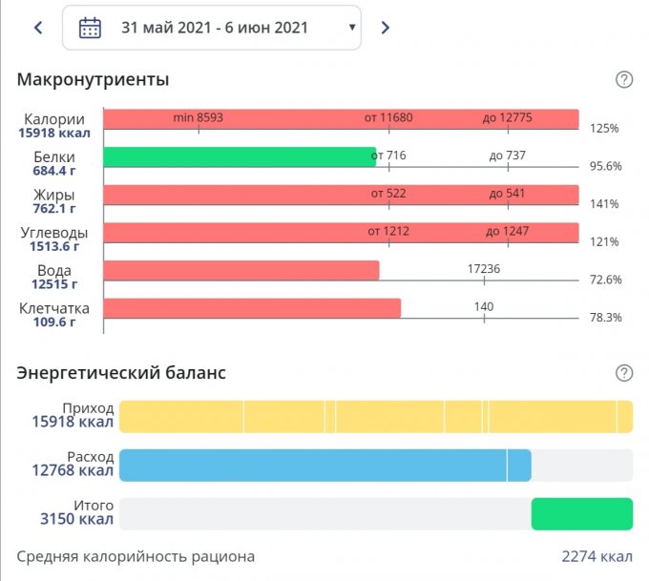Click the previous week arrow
tap(38, 28)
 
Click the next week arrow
tap(386, 28)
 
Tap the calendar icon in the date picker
tap(90, 28)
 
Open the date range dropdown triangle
tap(353, 28)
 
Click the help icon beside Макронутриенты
tap(624, 80)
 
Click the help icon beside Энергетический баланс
tap(624, 373)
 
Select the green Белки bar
tap(240, 157)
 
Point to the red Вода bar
tap(241, 271)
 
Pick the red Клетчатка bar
tap(252, 308)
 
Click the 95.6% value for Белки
tap(605, 166)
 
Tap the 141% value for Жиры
tap(603, 204)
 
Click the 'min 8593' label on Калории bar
tap(199, 117)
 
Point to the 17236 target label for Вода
tap(484, 269)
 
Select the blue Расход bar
tap(324, 465)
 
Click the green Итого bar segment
tap(581, 512)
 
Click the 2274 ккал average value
tap(597, 556)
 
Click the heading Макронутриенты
tap(94, 80)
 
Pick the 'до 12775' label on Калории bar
tap(507, 117)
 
